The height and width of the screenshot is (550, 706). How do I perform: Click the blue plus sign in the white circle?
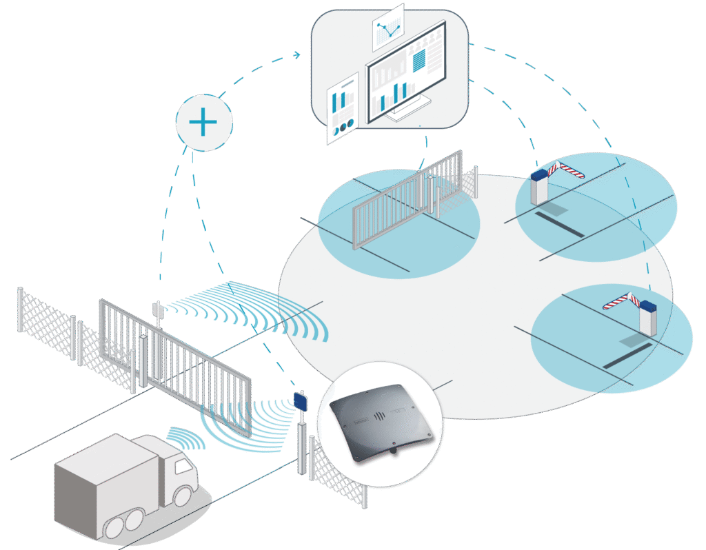point(203,123)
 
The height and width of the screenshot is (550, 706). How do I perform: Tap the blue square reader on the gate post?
point(301,400)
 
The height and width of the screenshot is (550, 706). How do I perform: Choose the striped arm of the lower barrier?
point(620,301)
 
